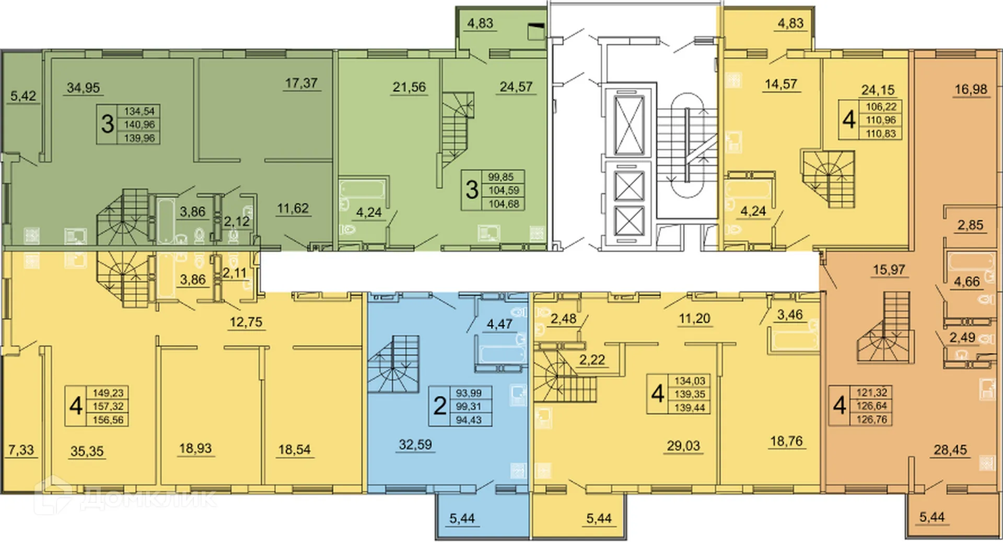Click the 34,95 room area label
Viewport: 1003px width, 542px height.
point(83,88)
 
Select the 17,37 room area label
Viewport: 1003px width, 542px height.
point(301,83)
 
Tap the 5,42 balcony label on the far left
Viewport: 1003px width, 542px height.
point(23,96)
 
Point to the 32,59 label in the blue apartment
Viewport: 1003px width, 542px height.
point(415,445)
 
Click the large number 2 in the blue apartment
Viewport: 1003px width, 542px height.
point(440,406)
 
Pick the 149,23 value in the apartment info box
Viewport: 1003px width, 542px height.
point(108,393)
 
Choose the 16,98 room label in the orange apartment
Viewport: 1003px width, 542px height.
point(971,89)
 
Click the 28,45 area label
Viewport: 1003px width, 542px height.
point(950,450)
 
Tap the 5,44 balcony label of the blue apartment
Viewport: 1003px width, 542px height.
point(462,519)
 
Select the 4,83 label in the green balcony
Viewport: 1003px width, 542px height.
point(480,23)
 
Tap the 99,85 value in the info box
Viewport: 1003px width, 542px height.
point(500,177)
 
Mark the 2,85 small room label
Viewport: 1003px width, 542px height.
point(970,226)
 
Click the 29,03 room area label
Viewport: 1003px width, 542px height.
point(683,446)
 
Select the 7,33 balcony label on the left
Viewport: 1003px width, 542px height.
point(21,450)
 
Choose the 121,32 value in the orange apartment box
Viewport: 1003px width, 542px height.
point(871,392)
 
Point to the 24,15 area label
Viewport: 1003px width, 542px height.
point(878,90)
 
